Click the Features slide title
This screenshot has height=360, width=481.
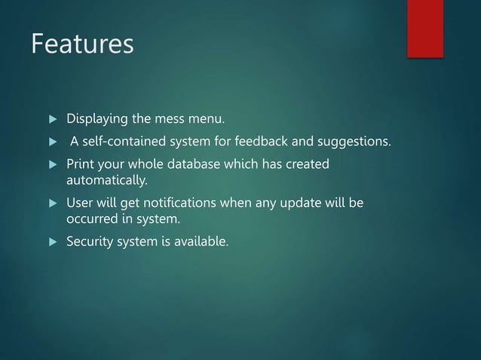82,44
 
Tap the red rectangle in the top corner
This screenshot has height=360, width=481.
425,29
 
